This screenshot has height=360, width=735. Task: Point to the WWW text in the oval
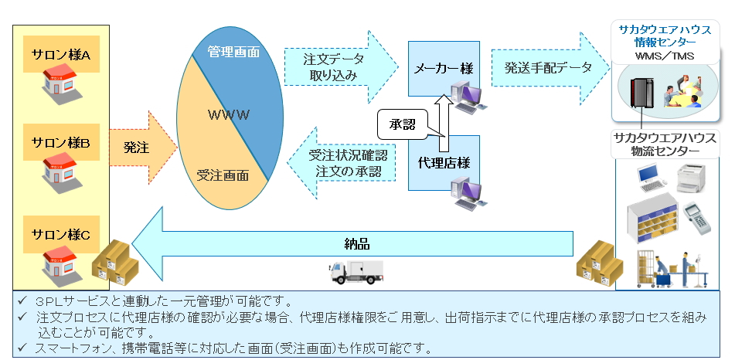tap(229, 115)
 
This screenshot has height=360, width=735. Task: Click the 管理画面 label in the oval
tap(233, 53)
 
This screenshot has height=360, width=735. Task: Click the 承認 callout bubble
tap(402, 124)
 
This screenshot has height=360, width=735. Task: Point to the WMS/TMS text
tap(664, 56)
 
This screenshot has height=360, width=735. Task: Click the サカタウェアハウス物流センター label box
tap(664, 144)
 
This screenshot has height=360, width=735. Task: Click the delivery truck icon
tap(355, 271)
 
